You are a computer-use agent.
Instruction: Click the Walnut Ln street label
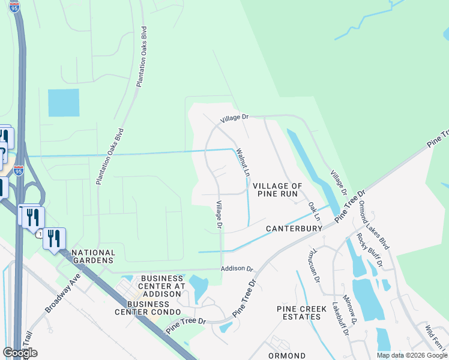tap(243, 161)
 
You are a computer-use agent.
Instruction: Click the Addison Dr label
tap(238, 269)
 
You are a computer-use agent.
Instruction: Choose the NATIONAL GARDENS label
tap(93, 257)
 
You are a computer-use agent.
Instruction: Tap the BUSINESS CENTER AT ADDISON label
tap(163, 283)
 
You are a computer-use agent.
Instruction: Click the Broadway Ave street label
tap(62, 294)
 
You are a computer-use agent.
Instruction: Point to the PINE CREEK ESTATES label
tap(298, 313)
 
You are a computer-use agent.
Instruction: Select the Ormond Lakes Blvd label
tap(375, 225)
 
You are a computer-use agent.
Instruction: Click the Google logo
tap(20, 353)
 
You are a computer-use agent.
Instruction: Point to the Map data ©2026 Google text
tap(412, 355)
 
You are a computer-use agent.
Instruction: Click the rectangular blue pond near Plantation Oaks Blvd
tap(64, 103)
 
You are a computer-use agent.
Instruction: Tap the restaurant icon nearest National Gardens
tap(54, 238)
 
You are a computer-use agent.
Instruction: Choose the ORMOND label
tap(287, 355)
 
